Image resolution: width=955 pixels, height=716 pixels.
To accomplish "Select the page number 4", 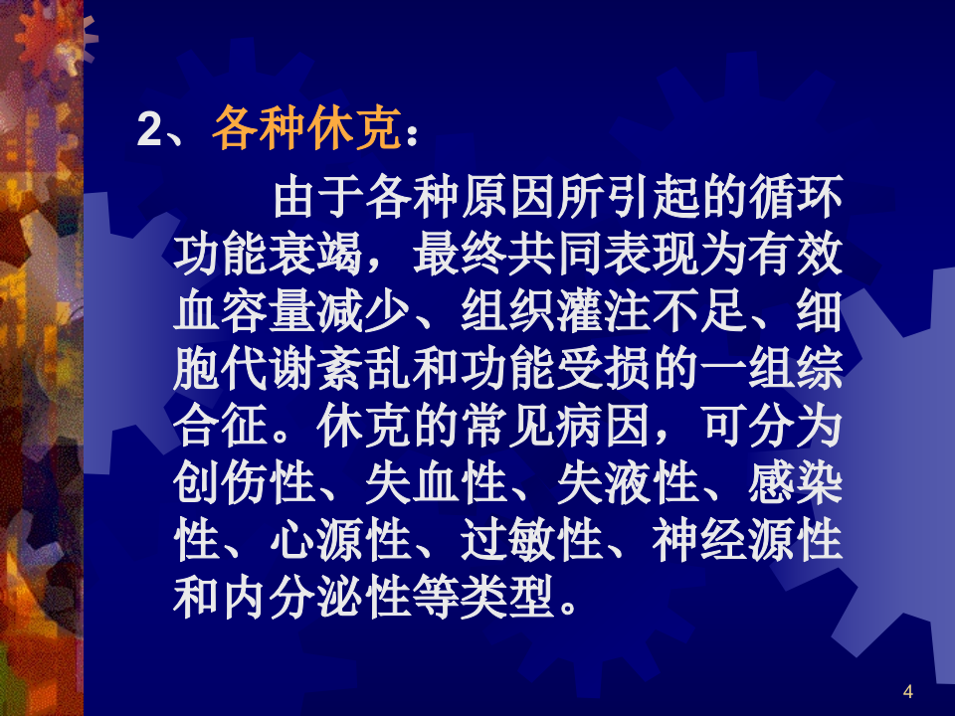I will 907,692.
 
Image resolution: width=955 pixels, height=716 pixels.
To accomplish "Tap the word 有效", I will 796,255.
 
